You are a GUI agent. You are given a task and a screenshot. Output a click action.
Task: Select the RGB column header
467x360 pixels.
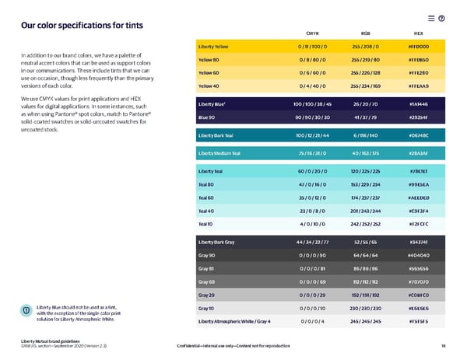click(366, 33)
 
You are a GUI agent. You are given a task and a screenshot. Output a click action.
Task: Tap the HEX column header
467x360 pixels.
click(418, 33)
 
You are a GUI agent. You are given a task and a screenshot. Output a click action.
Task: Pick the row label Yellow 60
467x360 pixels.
click(209, 72)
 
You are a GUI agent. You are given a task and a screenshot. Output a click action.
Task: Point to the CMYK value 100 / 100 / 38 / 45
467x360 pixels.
click(316, 103)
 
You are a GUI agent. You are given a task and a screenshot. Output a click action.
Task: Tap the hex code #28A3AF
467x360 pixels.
click(418, 153)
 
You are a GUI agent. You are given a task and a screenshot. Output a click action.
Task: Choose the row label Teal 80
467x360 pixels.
click(208, 183)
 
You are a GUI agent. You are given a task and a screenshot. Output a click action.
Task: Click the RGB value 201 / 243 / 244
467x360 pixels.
click(366, 210)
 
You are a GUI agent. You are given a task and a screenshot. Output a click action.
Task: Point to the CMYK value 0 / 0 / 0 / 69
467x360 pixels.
click(316, 281)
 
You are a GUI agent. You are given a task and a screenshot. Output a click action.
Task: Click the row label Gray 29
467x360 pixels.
click(208, 295)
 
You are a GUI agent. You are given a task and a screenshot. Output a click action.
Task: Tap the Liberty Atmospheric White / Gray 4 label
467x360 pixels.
click(235, 321)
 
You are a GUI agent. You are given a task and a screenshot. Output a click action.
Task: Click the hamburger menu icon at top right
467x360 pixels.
click(430, 18)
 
